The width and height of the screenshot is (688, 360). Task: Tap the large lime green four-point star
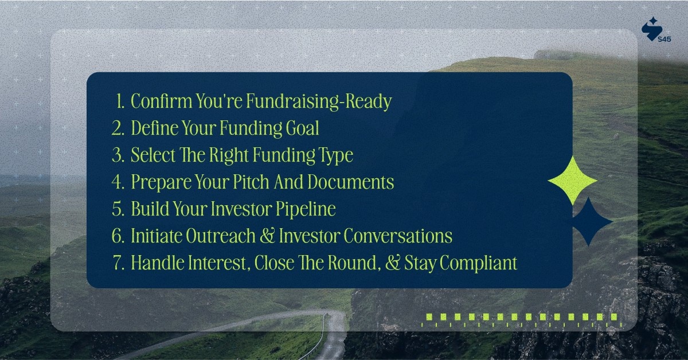(x=572, y=181)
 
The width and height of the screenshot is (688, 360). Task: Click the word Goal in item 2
(x=302, y=128)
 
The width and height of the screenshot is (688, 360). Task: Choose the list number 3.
(x=118, y=155)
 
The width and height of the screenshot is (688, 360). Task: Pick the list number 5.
(x=118, y=209)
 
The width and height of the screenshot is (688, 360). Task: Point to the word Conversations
(x=397, y=236)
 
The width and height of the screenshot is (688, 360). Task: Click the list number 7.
(x=118, y=263)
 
